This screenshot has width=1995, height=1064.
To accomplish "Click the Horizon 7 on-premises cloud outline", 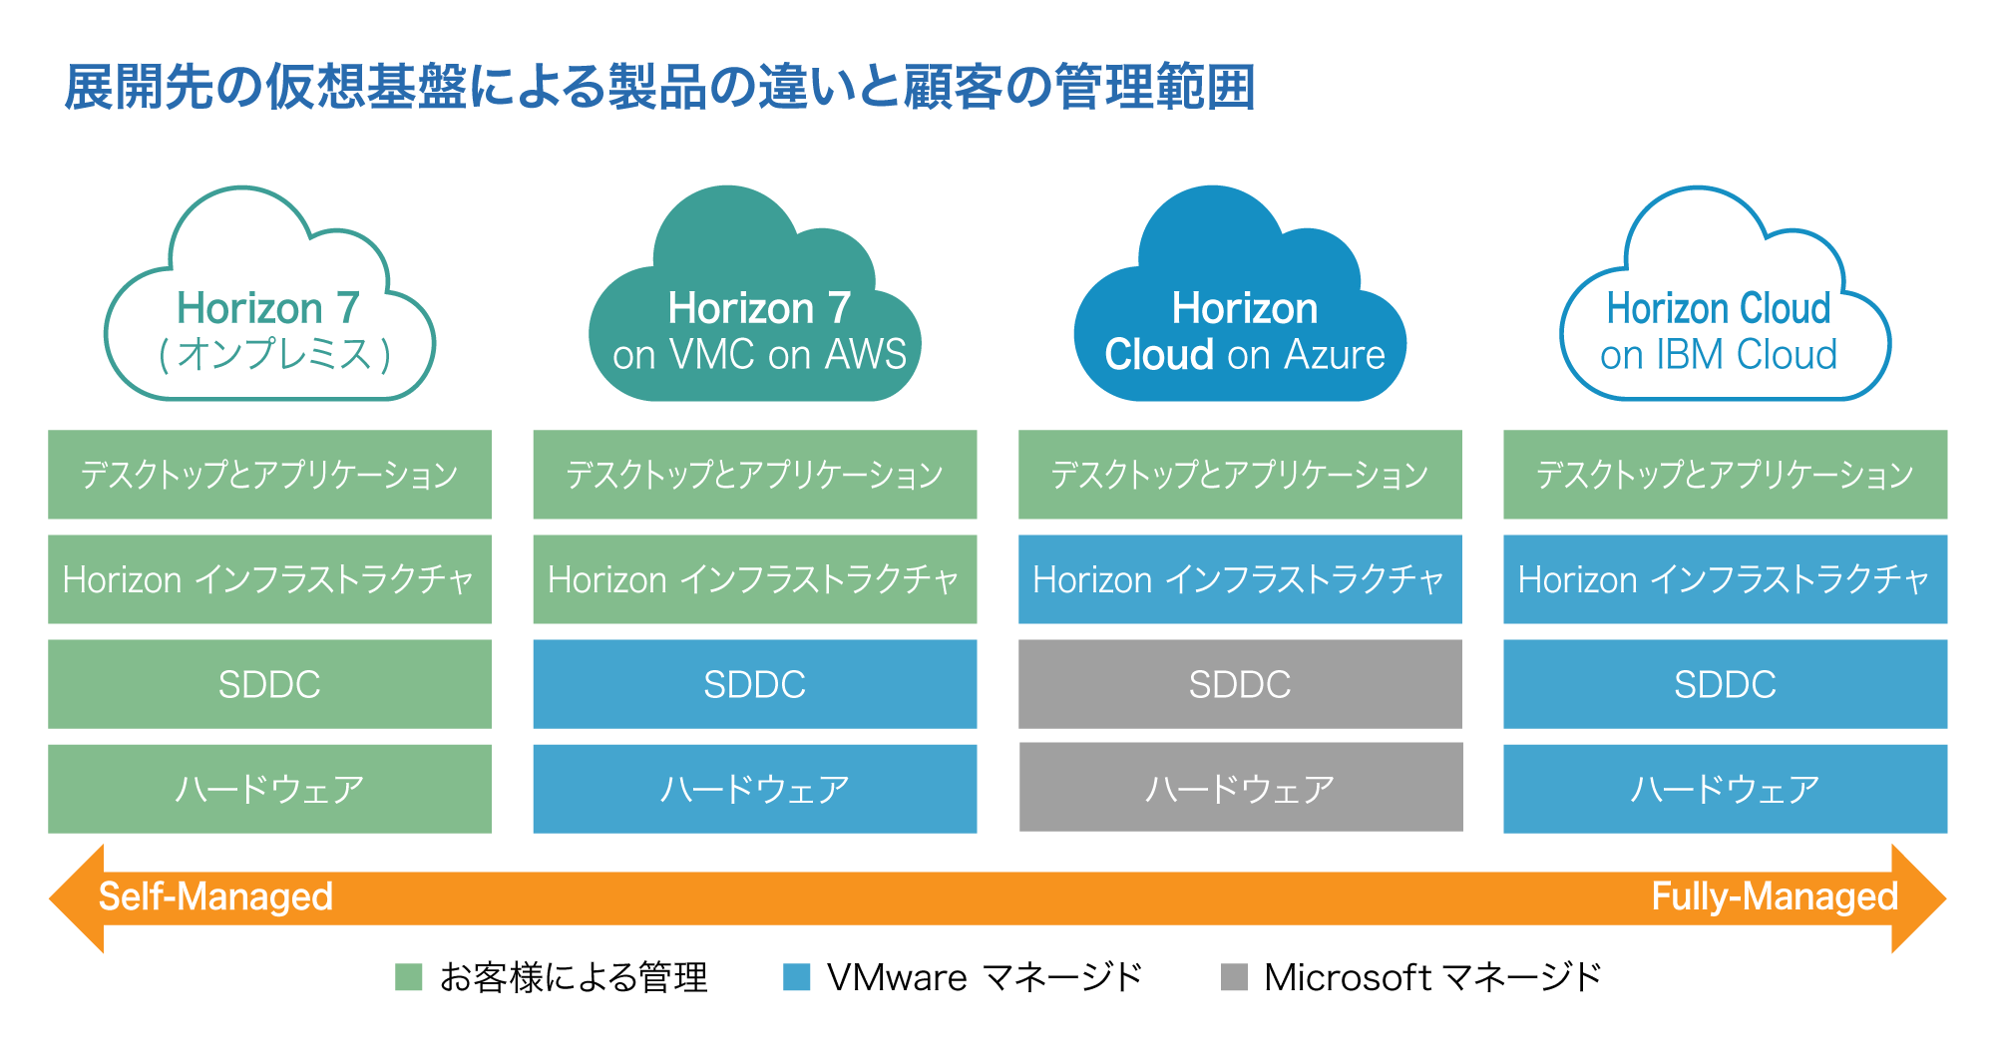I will (269, 329).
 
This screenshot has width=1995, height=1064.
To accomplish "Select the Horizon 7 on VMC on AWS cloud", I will (755, 329).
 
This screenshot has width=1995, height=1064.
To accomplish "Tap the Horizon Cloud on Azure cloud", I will (1240, 329).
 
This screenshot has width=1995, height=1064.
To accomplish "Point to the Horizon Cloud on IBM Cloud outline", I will (1724, 329).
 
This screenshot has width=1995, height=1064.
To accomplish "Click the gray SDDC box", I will (1240, 684).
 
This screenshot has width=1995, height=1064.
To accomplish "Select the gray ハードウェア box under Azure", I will (1240, 788).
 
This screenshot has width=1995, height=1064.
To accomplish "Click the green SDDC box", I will (269, 684).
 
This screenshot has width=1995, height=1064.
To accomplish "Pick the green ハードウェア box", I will (269, 789).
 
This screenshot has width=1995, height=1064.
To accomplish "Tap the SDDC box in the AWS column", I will (755, 684).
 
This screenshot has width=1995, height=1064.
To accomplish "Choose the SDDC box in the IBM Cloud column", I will (1725, 684).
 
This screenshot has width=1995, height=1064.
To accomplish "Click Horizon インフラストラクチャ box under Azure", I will (1240, 579).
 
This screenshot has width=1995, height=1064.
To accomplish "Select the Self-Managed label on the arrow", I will (215, 897).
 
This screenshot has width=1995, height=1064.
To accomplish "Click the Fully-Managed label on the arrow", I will (1774, 897).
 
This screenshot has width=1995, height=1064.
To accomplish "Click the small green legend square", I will (409, 977).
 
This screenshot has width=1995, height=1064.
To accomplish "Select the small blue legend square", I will (797, 977).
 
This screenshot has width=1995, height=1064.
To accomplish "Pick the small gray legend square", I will (1234, 977).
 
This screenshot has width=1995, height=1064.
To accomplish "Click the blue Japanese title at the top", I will (658, 87).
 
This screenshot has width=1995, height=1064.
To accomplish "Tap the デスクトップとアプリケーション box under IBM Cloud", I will (1725, 475).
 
